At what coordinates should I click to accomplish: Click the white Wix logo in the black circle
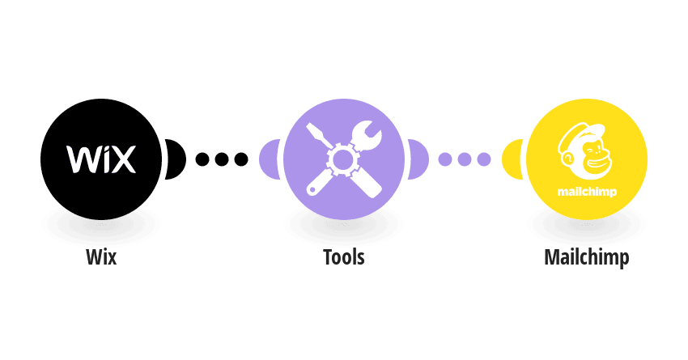point(101,159)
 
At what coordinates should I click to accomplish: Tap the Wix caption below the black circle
point(101,257)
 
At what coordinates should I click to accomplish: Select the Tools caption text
point(343,257)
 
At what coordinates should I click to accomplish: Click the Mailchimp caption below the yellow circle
point(587,258)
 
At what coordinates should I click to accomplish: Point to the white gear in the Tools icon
point(343,159)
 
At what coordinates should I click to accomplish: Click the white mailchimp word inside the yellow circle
point(587,192)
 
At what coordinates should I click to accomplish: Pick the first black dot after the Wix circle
point(202,159)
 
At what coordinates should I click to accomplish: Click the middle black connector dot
point(222,159)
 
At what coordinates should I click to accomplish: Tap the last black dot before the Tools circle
point(241,159)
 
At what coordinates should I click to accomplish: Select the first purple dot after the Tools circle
point(445,159)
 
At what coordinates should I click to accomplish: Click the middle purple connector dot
point(465,159)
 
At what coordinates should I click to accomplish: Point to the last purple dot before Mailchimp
point(483,159)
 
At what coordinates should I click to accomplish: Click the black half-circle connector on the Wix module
point(176,159)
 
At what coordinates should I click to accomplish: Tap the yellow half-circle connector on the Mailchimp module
point(512,159)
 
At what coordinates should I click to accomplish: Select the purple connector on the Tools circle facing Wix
point(270,159)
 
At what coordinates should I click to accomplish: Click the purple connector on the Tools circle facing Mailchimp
point(418,159)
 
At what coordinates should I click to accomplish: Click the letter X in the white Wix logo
point(122,159)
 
